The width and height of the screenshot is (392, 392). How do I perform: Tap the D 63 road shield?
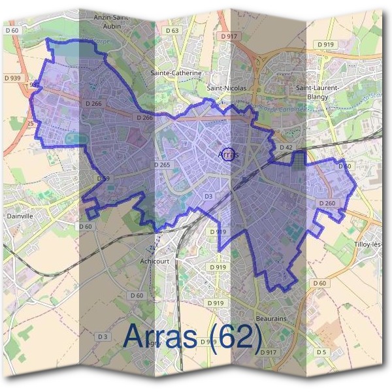point(172,31)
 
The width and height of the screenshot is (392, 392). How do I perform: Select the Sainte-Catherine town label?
point(176,73)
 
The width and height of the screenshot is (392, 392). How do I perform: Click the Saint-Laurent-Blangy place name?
point(318,91)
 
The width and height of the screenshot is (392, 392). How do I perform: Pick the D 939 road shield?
point(12,77)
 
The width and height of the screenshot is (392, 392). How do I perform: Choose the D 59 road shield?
point(103,178)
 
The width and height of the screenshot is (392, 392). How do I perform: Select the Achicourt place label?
point(154,261)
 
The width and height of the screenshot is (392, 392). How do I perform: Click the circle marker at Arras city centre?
point(227,154)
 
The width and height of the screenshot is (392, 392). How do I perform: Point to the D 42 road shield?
point(286,148)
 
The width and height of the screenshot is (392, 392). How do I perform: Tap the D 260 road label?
point(327,204)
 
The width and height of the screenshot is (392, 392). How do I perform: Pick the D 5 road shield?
point(321,353)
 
